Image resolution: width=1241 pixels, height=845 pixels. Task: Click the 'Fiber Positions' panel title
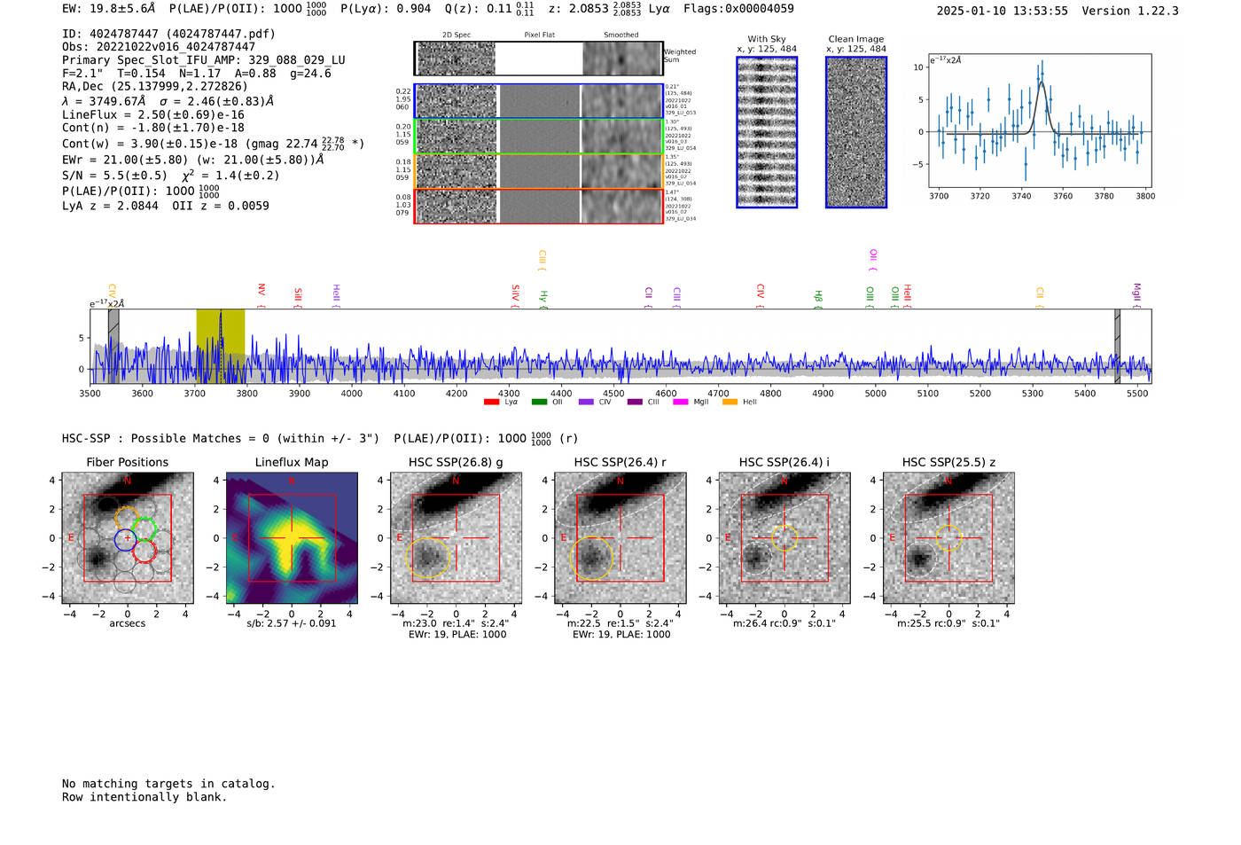tap(127, 462)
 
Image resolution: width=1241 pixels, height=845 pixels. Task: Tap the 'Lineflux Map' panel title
tap(292, 462)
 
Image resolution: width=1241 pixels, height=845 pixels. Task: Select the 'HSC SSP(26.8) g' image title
tap(456, 462)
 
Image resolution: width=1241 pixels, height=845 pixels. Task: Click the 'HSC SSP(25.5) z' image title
tap(948, 462)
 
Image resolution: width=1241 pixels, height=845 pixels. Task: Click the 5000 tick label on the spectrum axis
tap(875, 393)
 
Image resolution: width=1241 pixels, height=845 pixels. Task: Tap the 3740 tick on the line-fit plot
tap(1021, 196)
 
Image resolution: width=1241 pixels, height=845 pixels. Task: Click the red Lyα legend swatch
tap(491, 403)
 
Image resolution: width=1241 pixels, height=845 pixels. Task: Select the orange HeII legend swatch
tap(730, 403)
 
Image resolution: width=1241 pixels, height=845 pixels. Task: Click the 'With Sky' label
tap(767, 39)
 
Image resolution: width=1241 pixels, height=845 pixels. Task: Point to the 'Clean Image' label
tap(856, 39)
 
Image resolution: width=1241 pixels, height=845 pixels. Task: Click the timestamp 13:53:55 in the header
tap(1040, 11)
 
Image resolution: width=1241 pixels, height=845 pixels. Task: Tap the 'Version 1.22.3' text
tap(1130, 11)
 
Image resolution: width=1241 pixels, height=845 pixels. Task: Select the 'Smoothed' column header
tap(621, 35)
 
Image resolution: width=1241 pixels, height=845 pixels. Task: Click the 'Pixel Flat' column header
tap(539, 35)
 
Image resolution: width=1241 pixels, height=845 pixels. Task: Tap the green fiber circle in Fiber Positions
tap(142, 529)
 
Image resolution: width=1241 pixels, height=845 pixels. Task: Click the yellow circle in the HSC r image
tap(592, 558)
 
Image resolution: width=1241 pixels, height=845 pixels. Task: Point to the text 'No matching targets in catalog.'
tap(168, 784)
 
